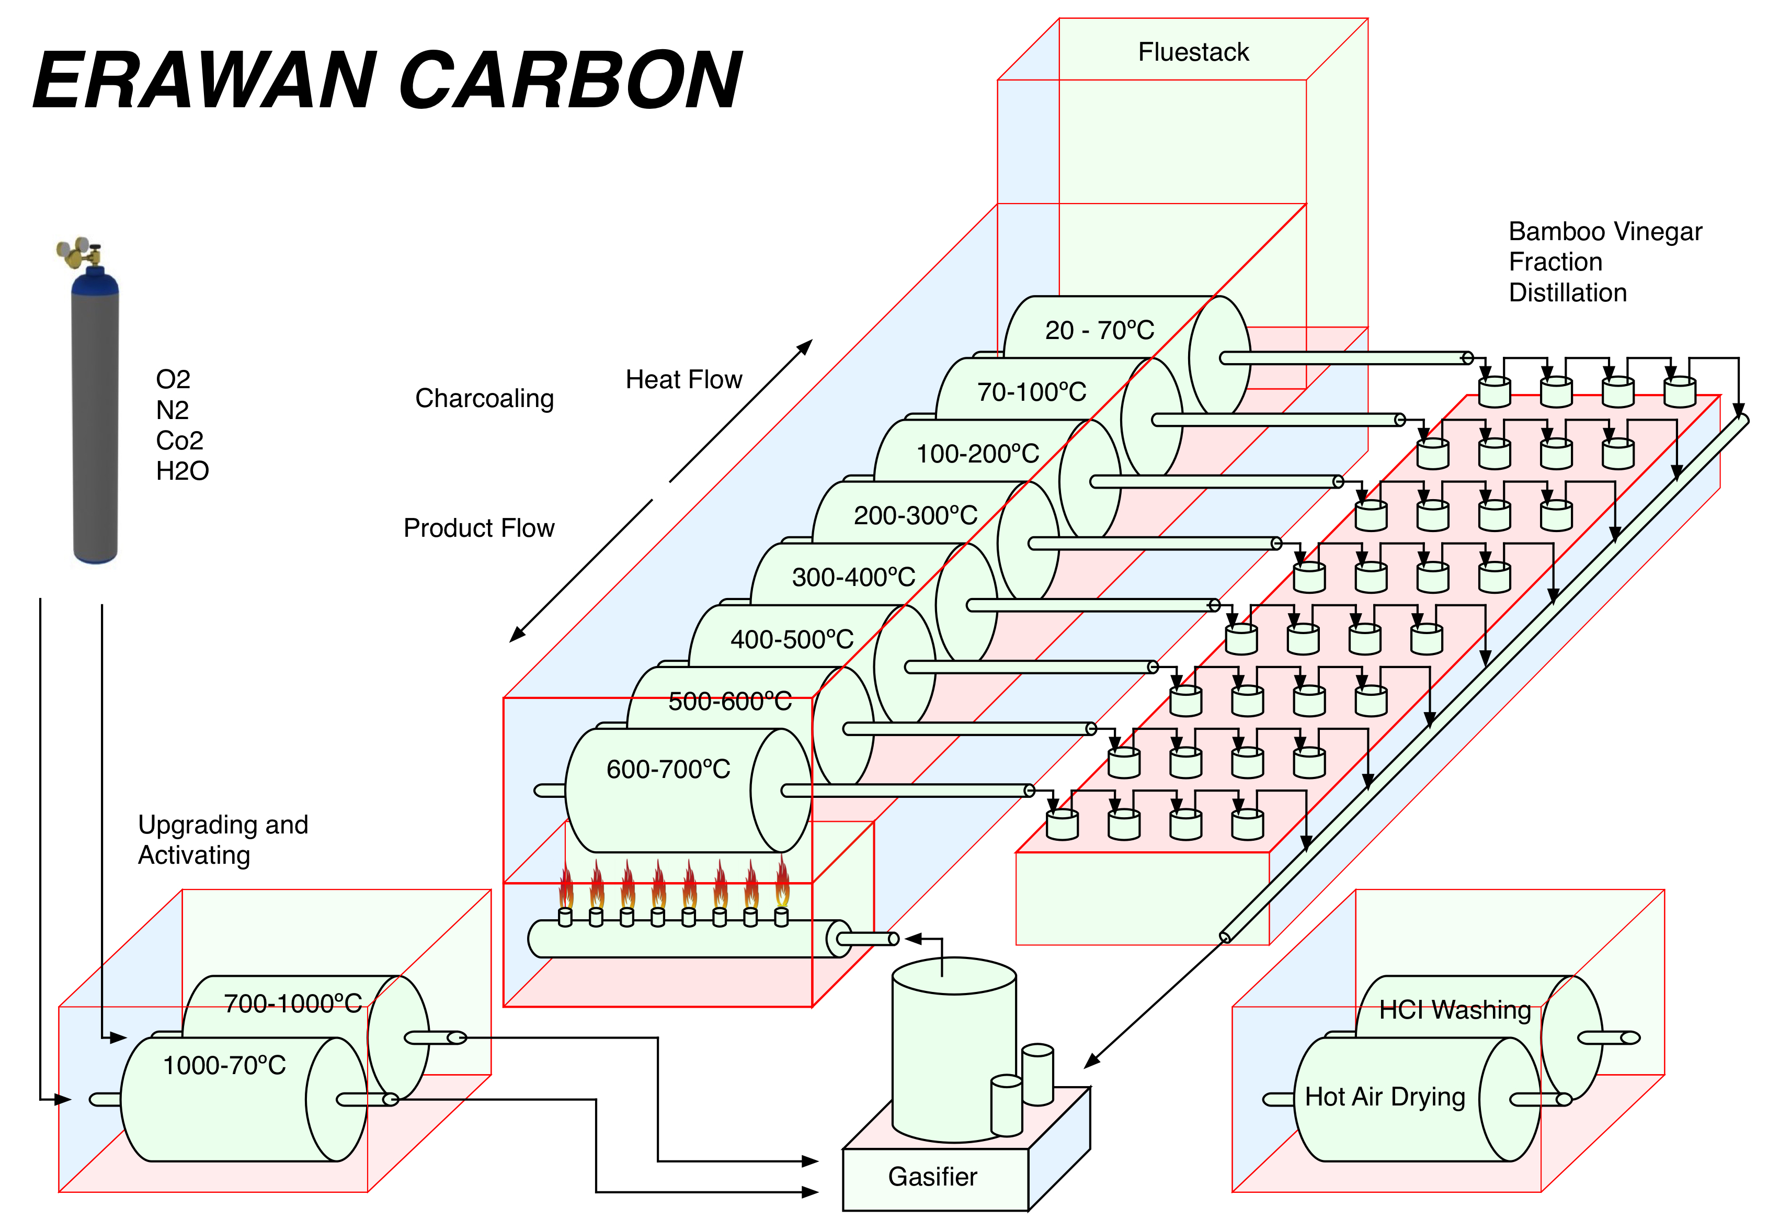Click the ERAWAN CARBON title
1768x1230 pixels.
387,80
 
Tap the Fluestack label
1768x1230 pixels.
1193,52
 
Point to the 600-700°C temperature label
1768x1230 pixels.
668,769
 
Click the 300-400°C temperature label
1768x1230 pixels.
853,577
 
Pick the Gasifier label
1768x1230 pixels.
932,1177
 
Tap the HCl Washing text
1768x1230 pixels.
1455,1010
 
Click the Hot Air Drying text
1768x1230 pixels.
1385,1097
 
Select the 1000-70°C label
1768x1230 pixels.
224,1065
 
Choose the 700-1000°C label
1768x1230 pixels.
293,1003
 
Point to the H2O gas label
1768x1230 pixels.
182,470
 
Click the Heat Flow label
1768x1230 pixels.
684,380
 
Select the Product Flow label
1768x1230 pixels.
479,528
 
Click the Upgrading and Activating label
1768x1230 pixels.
223,840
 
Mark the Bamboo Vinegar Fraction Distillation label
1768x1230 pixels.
1605,262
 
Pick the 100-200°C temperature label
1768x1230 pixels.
977,454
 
